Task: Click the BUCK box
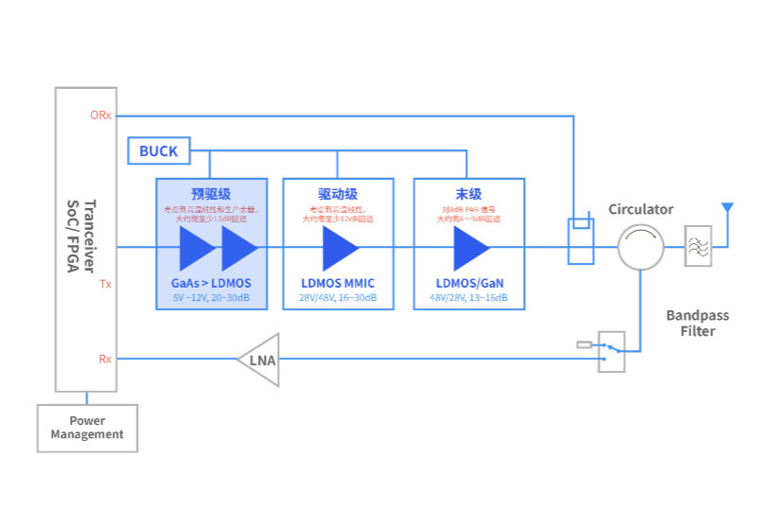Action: [x=159, y=150]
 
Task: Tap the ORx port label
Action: [x=100, y=116]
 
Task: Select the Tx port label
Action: [x=105, y=283]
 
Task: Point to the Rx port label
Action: [x=105, y=359]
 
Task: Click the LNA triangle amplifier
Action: [x=259, y=360]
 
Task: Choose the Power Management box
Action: [x=87, y=428]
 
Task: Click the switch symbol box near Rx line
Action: [x=612, y=351]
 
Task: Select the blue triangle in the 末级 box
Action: [x=470, y=249]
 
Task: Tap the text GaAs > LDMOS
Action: [x=211, y=283]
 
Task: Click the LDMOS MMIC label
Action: [x=339, y=283]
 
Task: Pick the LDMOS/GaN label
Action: [x=469, y=283]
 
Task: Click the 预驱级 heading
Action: [x=210, y=193]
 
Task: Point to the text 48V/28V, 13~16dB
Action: [x=469, y=298]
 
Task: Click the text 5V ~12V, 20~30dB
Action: [x=211, y=298]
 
